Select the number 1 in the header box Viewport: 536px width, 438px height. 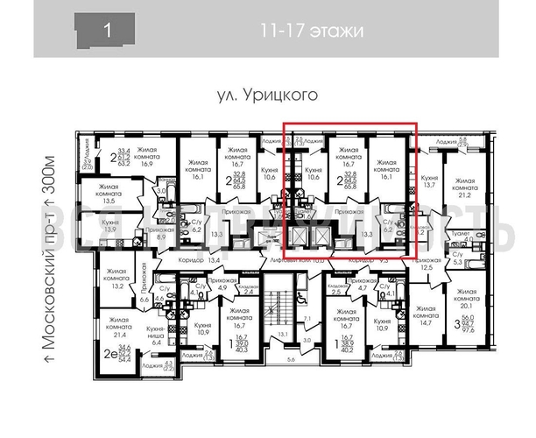pyautogui.click(x=107, y=32)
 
